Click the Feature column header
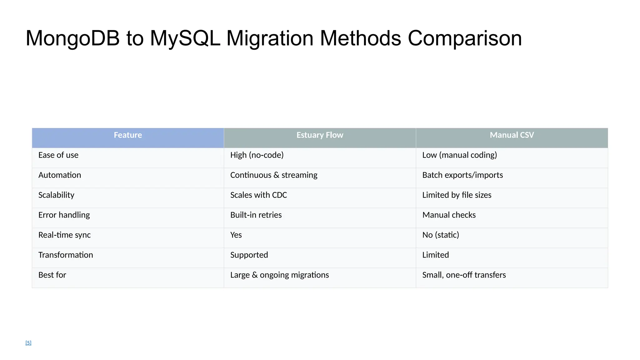pyautogui.click(x=128, y=135)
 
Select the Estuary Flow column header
pyautogui.click(x=320, y=135)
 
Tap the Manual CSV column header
pyautogui.click(x=512, y=135)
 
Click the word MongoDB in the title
pyautogui.click(x=72, y=38)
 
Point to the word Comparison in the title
pyautogui.click(x=465, y=38)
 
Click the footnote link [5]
pyautogui.click(x=28, y=343)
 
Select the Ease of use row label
pyautogui.click(x=58, y=155)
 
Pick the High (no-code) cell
pyautogui.click(x=257, y=155)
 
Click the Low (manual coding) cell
pyautogui.click(x=459, y=155)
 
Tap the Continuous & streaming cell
pyautogui.click(x=274, y=175)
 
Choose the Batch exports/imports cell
pyautogui.click(x=462, y=175)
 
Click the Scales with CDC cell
pyautogui.click(x=258, y=195)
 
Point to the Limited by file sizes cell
pyautogui.click(x=457, y=195)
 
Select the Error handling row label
pyautogui.click(x=64, y=215)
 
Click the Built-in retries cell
pyautogui.click(x=256, y=215)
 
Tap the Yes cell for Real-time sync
pyautogui.click(x=236, y=235)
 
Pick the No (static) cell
pyautogui.click(x=441, y=235)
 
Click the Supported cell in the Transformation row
pyautogui.click(x=249, y=255)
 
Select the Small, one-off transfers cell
pyautogui.click(x=464, y=275)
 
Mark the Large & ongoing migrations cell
pyautogui.click(x=279, y=275)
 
